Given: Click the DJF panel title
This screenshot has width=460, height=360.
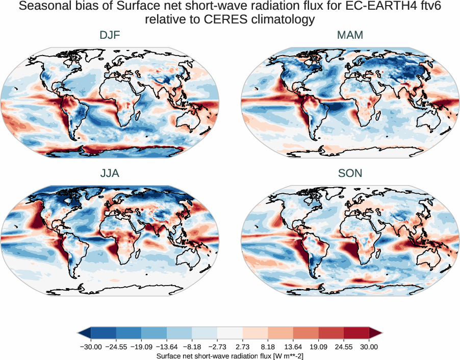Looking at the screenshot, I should point(110,35).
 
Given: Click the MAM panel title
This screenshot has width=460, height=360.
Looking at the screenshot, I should point(350,35).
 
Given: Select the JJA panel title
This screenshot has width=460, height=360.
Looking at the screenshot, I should point(110,173).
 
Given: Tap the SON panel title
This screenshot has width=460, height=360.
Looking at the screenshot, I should point(350,173).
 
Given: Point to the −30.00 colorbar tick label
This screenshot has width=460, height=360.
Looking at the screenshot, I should point(91,347).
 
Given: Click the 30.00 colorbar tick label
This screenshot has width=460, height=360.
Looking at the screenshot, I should point(369,347).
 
